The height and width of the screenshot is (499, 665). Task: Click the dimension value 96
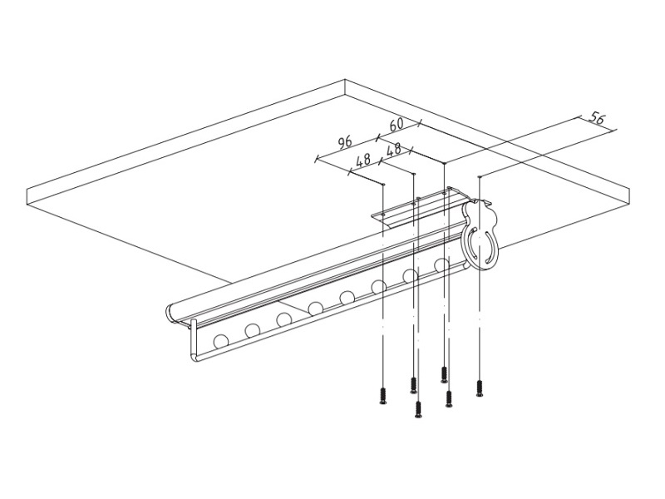pos(345,141)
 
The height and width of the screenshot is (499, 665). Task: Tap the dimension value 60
pos(397,124)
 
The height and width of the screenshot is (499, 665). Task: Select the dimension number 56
pos(597,119)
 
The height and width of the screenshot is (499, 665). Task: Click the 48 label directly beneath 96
pos(363,160)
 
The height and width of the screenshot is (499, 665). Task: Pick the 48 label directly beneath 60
pos(394,149)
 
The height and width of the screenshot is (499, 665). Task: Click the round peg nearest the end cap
pos(441,264)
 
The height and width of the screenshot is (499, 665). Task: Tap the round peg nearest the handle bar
pos(221,341)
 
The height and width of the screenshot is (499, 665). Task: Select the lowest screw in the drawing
pos(419,411)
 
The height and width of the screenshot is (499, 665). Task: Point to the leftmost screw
pos(383,396)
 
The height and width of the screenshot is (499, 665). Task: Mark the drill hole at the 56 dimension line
pos(480,176)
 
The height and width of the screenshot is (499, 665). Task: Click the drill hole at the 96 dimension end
pos(383,184)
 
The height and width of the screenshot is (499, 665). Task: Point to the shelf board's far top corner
pos(345,80)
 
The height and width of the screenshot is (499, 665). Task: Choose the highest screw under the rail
pos(444,373)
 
